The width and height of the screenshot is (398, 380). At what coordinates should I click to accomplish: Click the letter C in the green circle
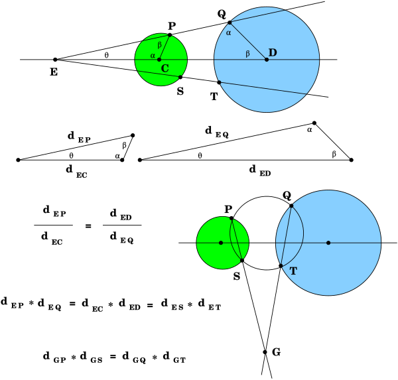[x=165, y=68]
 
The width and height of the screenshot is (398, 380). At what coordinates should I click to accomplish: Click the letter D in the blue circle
[x=273, y=52]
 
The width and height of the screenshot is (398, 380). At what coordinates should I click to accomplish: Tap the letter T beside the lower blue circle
[x=293, y=271]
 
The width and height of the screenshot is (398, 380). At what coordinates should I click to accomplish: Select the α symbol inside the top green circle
[x=153, y=56]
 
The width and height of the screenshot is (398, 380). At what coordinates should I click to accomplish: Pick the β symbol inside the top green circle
[x=159, y=45]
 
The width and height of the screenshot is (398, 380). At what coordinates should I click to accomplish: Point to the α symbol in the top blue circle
[x=229, y=32]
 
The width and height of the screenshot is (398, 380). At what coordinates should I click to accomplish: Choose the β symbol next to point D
[x=247, y=54]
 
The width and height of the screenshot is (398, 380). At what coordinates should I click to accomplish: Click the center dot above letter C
[x=159, y=60]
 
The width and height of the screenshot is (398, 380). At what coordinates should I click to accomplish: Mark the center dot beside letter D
[x=267, y=60]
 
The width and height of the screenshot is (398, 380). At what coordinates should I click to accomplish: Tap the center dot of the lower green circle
[x=221, y=243]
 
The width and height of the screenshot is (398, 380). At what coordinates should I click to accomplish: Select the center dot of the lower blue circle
[x=328, y=243]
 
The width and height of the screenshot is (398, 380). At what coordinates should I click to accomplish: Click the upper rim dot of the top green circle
[x=169, y=36]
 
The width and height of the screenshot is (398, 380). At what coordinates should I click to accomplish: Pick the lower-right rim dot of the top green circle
[x=179, y=78]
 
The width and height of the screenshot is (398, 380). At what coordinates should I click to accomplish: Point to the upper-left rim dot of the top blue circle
[x=230, y=23]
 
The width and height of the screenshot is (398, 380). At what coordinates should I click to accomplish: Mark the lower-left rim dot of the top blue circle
[x=219, y=82]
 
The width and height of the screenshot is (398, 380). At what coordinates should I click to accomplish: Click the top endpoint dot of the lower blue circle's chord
[x=291, y=206]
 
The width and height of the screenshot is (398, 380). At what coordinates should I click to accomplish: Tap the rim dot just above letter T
[x=281, y=265]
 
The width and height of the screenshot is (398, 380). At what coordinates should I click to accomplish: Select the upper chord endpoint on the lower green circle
[x=231, y=219]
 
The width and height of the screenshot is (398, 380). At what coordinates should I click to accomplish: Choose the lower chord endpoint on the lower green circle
[x=241, y=259]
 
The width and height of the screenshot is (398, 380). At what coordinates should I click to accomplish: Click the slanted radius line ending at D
[x=248, y=41]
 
